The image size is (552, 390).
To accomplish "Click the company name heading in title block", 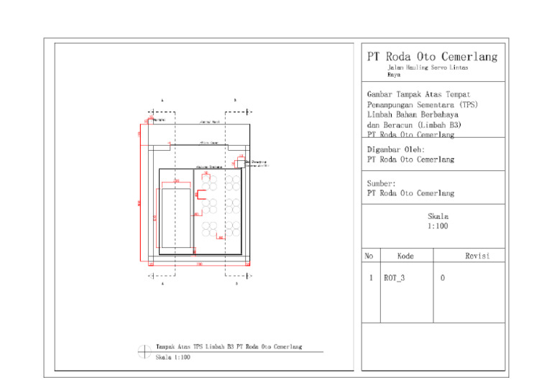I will click(431, 57).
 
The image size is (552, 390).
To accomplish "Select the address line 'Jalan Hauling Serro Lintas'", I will click(428, 68).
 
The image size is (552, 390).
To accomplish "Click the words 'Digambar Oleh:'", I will click(395, 150).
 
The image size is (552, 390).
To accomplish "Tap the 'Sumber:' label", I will click(381, 183).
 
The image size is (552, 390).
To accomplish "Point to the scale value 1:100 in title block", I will click(438, 226).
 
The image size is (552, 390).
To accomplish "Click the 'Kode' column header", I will click(405, 256).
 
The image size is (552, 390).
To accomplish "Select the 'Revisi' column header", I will click(477, 256).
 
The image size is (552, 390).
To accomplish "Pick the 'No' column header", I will click(369, 256).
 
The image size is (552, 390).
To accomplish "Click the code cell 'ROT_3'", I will click(394, 278).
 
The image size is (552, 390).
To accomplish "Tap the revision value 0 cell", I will click(442, 278).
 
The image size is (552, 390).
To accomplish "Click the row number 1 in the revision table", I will click(369, 278).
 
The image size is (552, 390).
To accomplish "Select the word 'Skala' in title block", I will click(438, 216).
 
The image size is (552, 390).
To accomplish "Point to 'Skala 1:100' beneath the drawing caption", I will click(172, 357).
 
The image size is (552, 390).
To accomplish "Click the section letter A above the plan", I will click(162, 100).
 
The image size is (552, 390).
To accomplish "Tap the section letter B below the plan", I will click(236, 284).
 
